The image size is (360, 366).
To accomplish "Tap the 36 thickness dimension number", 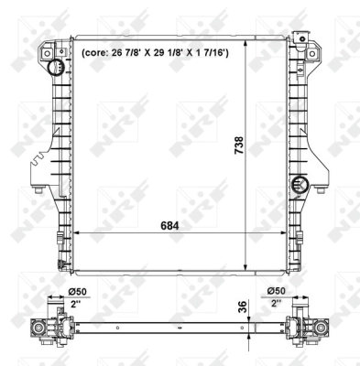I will click(x=242, y=308).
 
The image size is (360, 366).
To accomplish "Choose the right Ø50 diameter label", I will click(x=277, y=293).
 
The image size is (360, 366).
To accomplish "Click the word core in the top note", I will click(x=96, y=52).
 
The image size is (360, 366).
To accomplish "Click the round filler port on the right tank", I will click(x=298, y=186).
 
